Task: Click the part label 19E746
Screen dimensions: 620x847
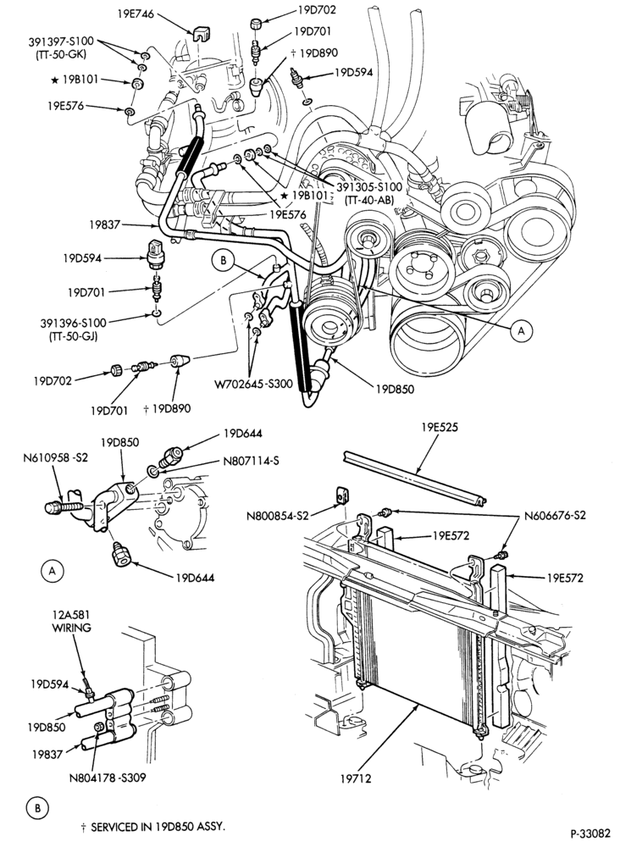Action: (135, 14)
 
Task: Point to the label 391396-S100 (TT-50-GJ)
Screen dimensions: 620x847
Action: (74, 329)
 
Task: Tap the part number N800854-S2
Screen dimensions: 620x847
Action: (278, 515)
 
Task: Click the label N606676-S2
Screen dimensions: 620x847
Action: (555, 515)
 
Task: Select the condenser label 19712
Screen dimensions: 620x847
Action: (356, 778)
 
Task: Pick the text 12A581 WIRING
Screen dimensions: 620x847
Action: (71, 621)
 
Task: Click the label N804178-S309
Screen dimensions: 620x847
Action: (108, 778)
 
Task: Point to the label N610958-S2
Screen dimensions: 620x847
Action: (55, 458)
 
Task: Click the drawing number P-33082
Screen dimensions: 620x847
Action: (590, 832)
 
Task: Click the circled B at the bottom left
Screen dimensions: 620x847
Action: (37, 809)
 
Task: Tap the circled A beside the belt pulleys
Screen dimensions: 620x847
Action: (521, 330)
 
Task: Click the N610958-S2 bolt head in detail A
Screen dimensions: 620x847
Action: (53, 507)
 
